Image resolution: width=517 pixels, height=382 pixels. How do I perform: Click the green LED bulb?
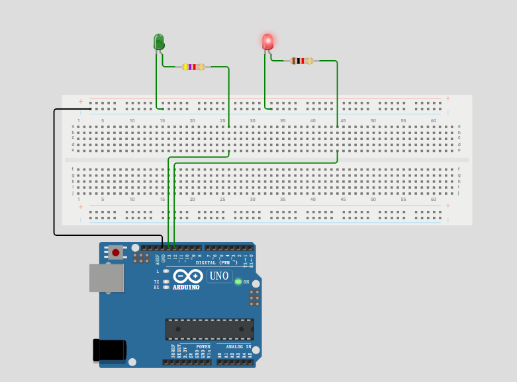coord(159,42)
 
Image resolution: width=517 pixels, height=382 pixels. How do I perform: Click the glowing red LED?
coord(267,42)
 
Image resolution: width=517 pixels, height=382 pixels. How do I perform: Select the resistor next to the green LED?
coord(193,67)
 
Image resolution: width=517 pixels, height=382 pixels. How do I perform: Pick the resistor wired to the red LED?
coord(301,61)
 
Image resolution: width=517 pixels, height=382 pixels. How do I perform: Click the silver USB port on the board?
coord(107,278)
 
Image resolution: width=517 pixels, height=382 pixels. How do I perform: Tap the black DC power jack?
coord(110,350)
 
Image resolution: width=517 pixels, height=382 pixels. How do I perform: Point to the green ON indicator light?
coord(238,282)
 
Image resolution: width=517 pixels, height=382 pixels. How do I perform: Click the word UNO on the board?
coord(219,276)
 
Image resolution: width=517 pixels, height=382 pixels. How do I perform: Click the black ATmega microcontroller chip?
coord(209,329)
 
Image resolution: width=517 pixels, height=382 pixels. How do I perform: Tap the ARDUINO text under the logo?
coord(186,287)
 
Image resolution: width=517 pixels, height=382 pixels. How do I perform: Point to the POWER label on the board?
coord(203,346)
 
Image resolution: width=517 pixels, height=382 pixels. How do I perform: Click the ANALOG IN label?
coord(238,346)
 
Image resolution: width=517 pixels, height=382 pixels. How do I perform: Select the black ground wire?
coord(54,172)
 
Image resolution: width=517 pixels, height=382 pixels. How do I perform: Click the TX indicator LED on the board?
coord(166,282)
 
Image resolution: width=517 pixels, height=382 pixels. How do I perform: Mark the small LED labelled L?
coord(166,271)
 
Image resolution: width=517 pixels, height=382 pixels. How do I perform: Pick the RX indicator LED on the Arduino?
coord(166,287)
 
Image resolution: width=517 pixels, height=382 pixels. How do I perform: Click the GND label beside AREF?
coord(163,258)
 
